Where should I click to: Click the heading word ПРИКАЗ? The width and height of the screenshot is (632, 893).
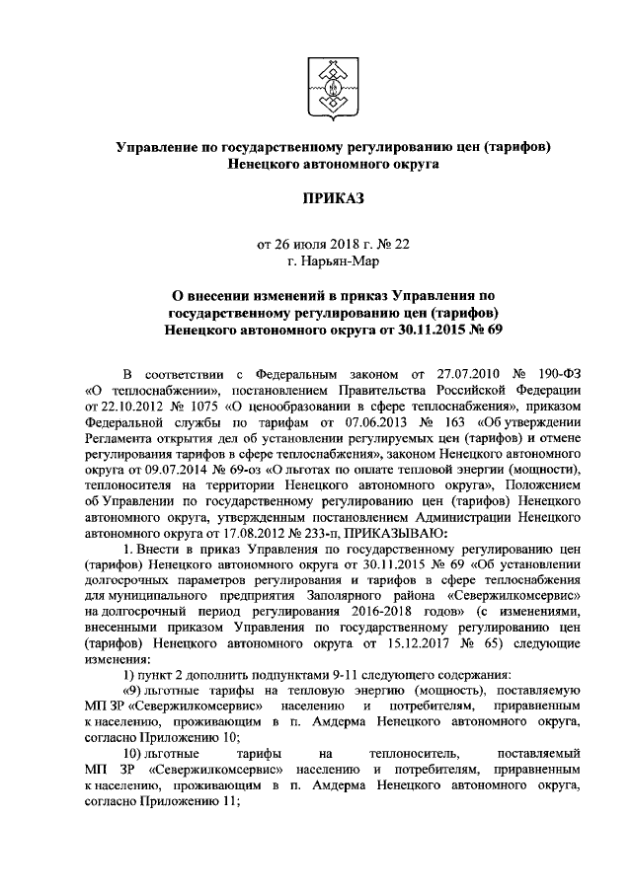point(333,201)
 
